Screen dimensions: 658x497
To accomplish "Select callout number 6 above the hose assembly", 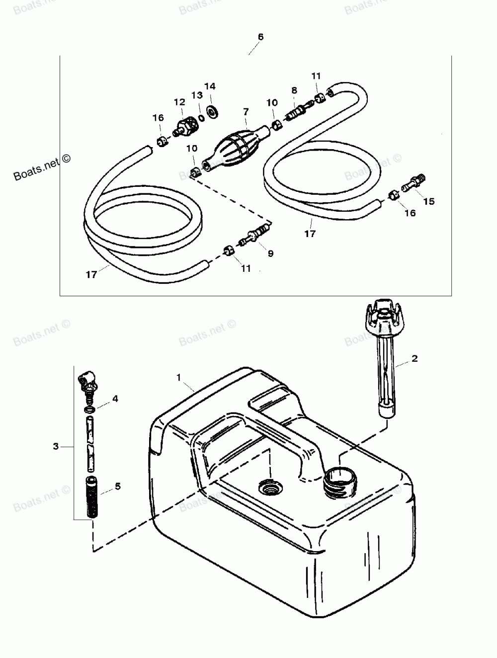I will [260, 37].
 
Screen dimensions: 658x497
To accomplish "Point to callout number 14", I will [210, 86].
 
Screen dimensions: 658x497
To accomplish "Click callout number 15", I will [428, 201].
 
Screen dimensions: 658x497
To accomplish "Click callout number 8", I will [294, 90].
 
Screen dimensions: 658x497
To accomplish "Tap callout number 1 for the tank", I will [178, 378].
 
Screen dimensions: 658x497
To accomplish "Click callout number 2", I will [414, 358].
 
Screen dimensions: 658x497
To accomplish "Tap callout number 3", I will [56, 446].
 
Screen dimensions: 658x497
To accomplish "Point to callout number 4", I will [115, 399].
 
